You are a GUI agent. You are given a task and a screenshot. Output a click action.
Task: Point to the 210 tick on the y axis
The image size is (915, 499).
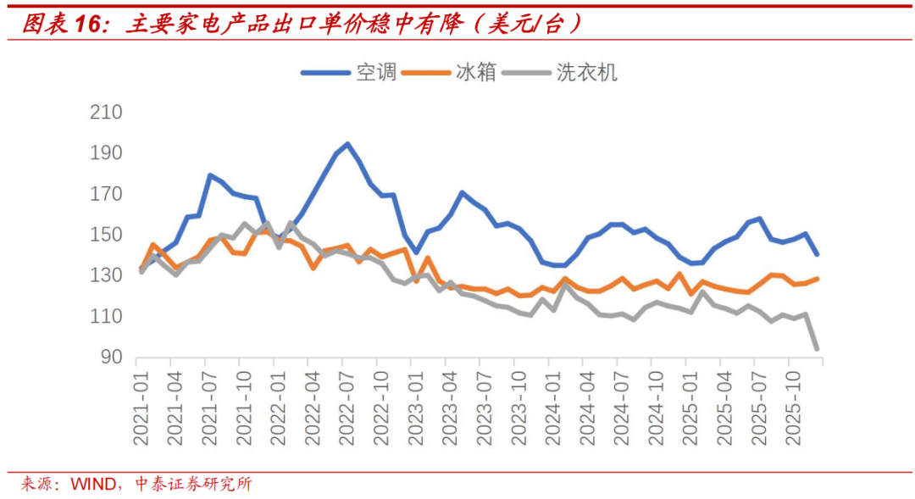[107, 113]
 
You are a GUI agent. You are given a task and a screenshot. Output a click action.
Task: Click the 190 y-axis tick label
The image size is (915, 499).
[107, 153]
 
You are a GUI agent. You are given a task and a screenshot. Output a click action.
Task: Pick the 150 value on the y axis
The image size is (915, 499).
[107, 236]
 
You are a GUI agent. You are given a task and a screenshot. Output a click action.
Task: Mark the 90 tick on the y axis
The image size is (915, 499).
[112, 358]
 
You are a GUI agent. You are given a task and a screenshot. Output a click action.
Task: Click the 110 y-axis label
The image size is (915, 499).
[107, 317]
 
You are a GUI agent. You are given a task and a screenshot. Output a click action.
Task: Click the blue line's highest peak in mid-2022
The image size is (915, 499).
[347, 144]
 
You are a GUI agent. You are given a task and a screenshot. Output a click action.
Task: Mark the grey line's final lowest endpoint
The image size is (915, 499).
[817, 348]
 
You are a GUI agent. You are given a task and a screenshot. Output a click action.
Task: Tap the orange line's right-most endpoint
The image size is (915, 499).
[817, 278]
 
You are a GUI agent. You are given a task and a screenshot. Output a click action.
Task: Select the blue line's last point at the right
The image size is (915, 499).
[817, 254]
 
